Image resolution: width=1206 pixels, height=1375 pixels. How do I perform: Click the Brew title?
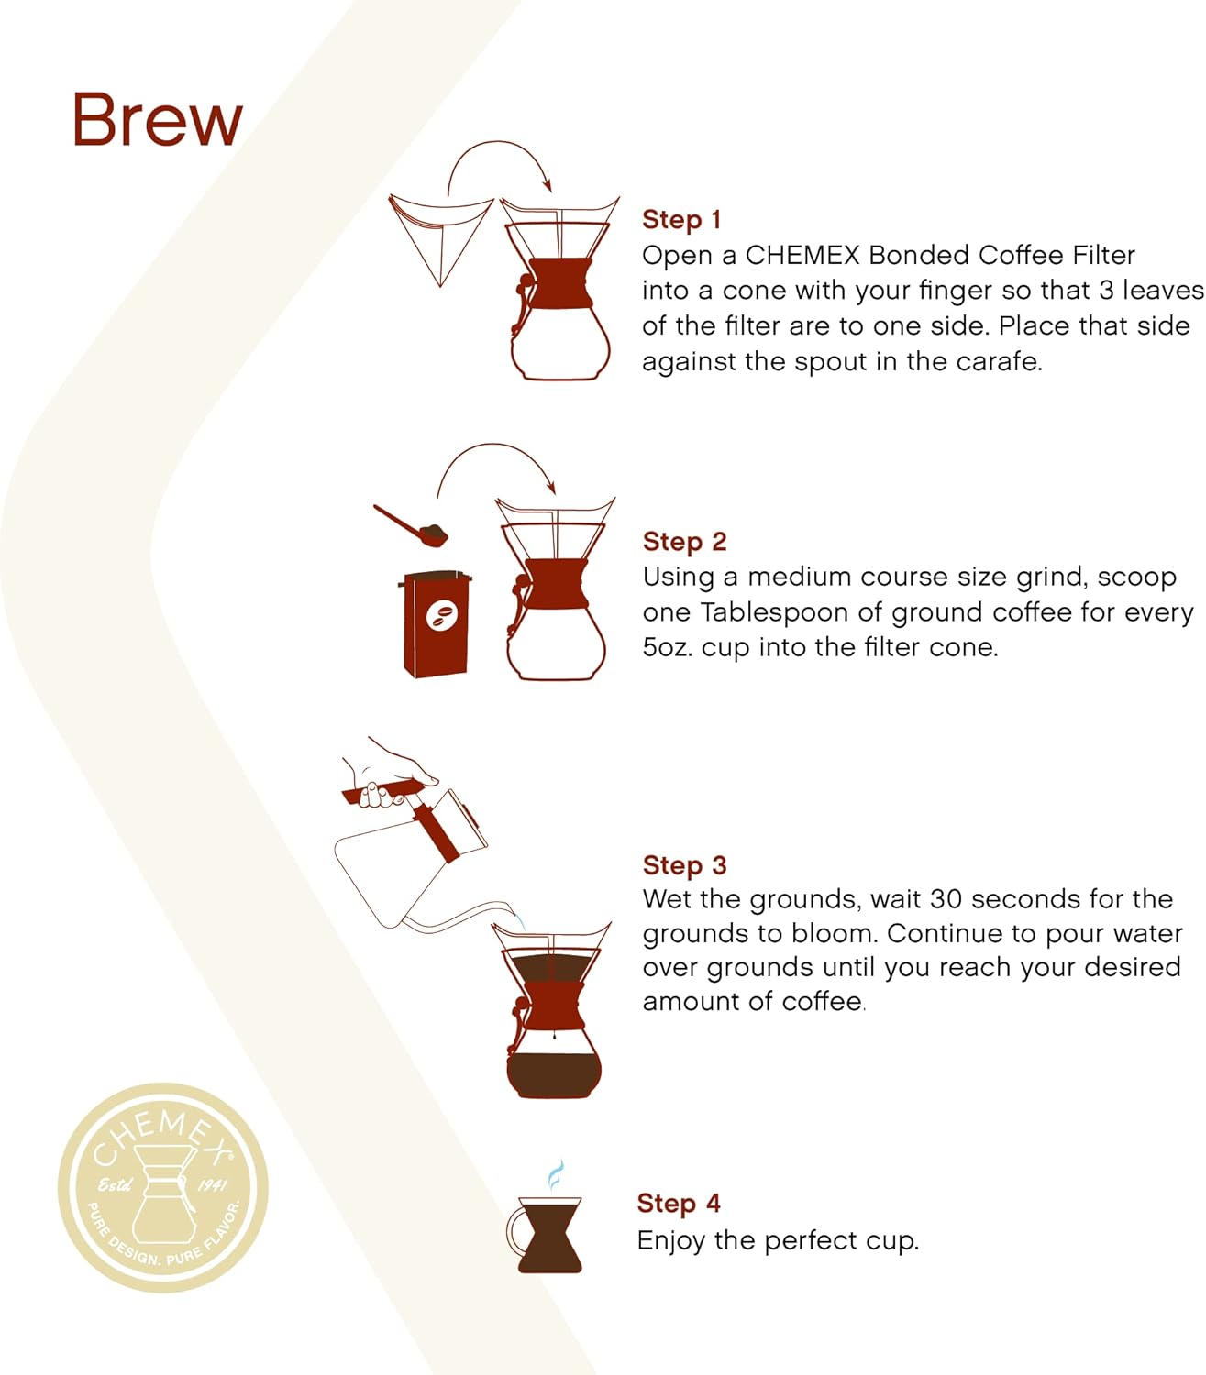tap(157, 120)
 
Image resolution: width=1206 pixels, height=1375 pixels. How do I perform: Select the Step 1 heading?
tap(681, 220)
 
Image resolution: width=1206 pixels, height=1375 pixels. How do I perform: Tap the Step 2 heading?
tap(684, 542)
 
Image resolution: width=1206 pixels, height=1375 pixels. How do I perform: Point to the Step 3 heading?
tap(684, 865)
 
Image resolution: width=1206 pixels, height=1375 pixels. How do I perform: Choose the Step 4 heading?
tap(679, 1204)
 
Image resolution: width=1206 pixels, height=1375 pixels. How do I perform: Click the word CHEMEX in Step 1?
tap(802, 255)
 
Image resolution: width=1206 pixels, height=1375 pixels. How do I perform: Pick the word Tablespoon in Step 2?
tap(775, 612)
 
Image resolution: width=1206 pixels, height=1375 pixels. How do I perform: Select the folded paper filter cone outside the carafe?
tap(438, 234)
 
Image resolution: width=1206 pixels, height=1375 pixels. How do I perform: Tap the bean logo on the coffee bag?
tap(443, 617)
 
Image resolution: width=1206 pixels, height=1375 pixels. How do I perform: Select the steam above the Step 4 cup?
tap(555, 1174)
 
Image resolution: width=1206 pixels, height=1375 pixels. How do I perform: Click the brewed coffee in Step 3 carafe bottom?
tap(554, 1074)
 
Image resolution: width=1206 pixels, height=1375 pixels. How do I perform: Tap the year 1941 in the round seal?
tap(212, 1185)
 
